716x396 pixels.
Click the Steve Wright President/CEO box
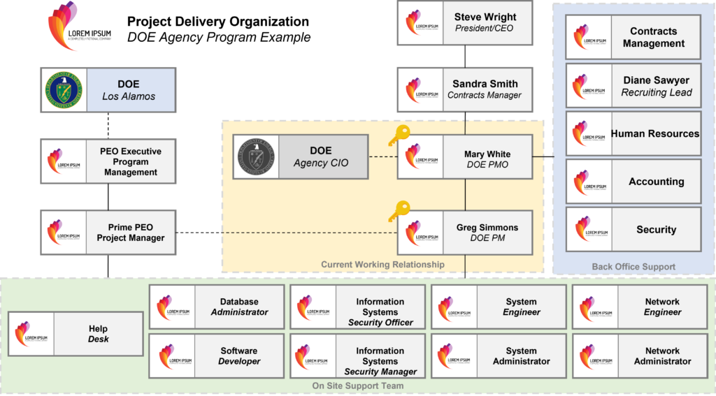[465, 23]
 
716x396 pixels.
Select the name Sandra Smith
[485, 84]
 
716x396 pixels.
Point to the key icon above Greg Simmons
[401, 210]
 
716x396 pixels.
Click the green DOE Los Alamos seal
[63, 89]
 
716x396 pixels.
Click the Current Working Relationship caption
[382, 265]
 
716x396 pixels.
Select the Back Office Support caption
[633, 267]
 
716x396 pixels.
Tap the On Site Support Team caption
[357, 386]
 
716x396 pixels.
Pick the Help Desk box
[76, 334]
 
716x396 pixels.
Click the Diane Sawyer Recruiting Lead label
[656, 87]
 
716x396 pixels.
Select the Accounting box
[633, 182]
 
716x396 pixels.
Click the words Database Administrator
[239, 307]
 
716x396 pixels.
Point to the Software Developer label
[239, 356]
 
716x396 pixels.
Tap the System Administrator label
[521, 356]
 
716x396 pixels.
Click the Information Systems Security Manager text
[380, 361]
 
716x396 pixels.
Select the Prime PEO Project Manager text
[130, 233]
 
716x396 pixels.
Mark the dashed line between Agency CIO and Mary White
[382, 157]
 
